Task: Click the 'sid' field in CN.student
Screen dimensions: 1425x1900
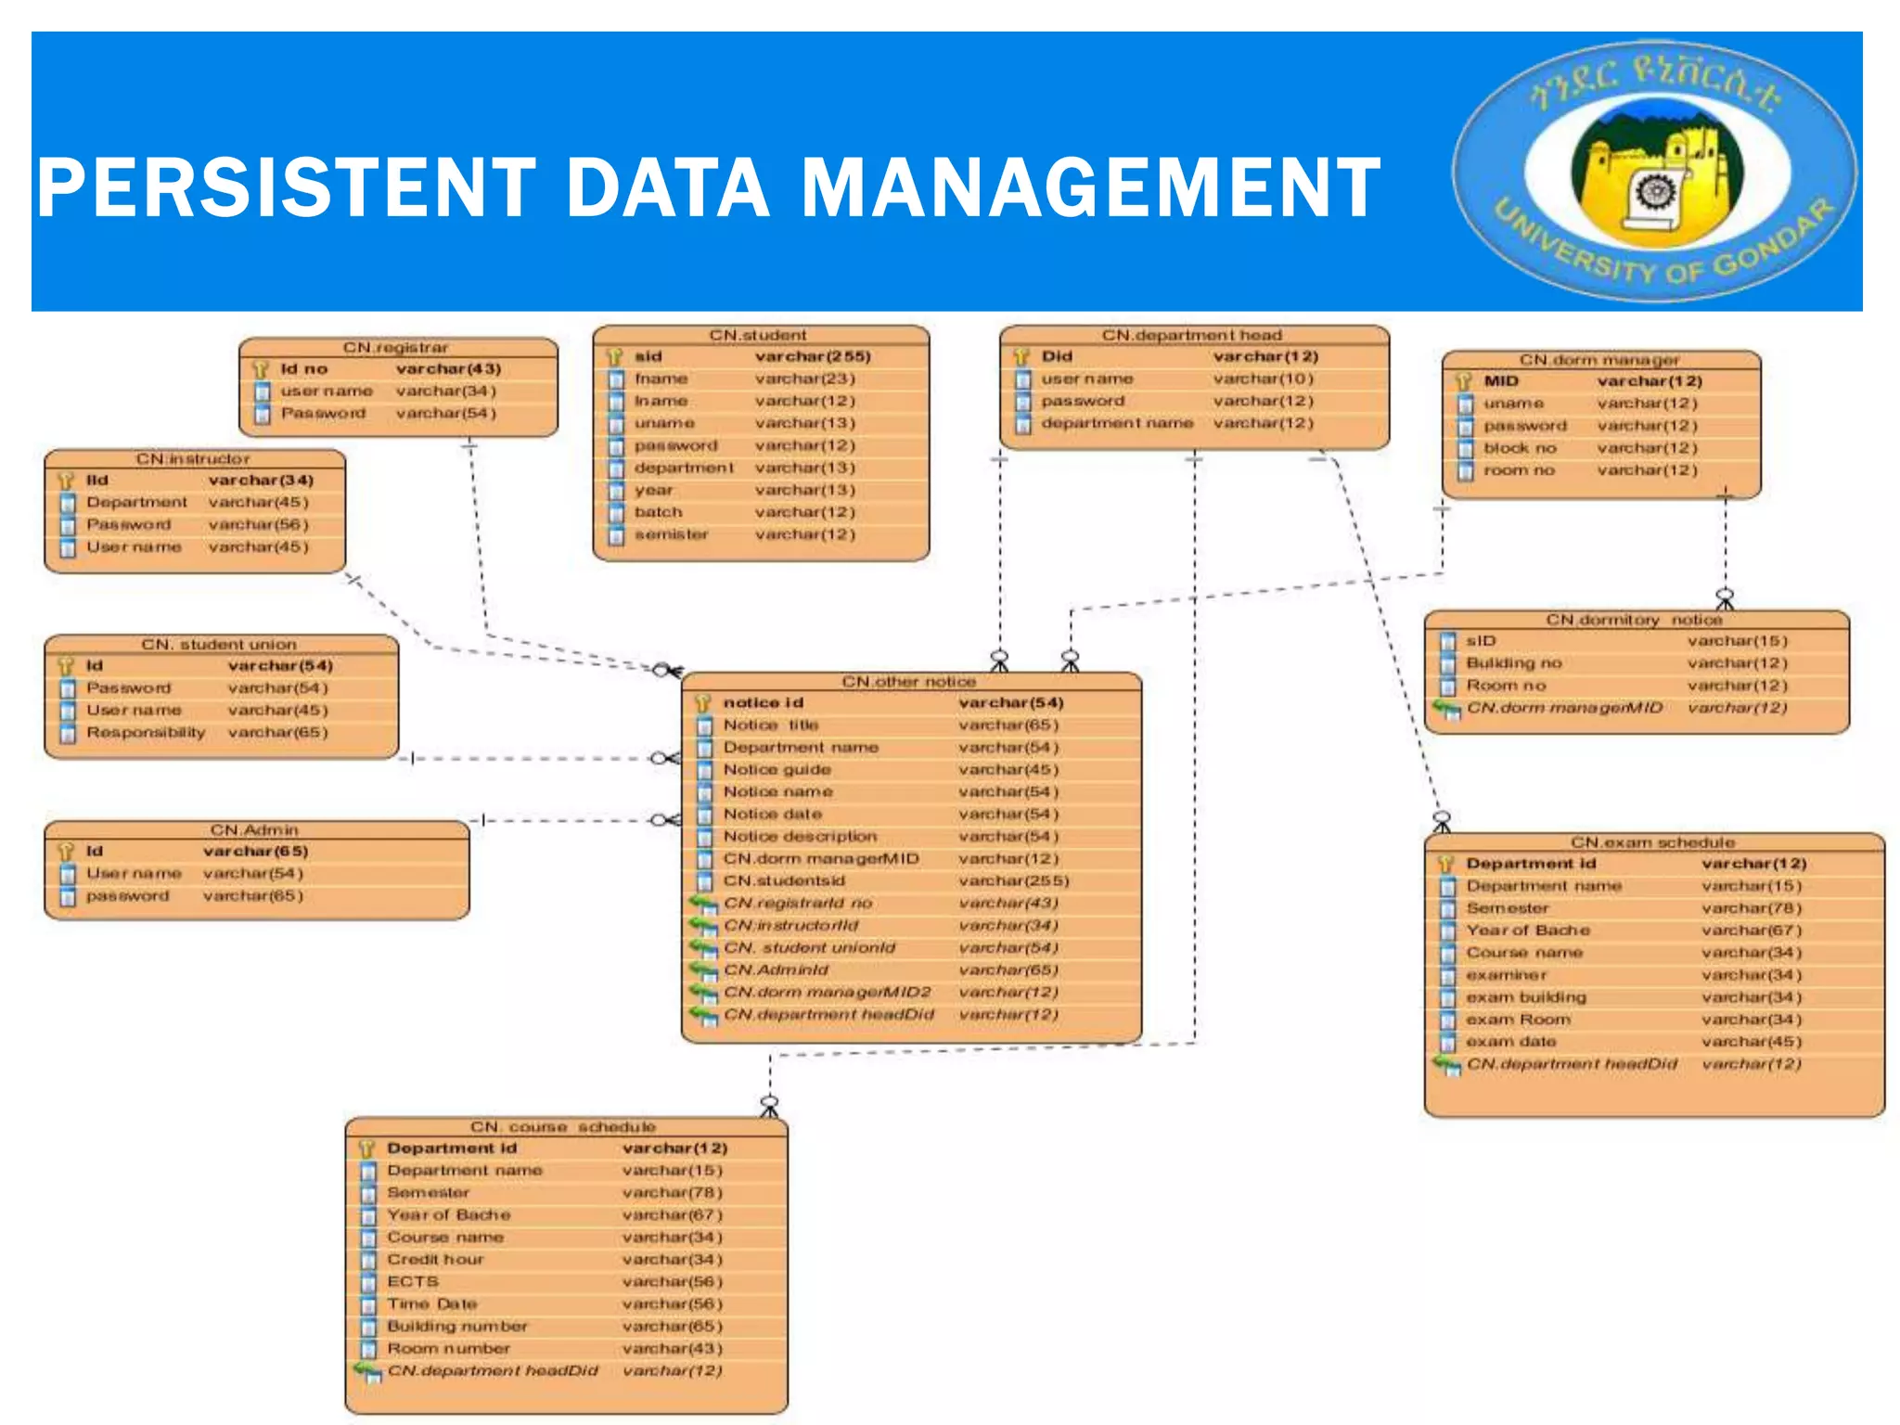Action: (648, 356)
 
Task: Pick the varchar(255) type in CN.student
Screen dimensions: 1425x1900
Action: (813, 356)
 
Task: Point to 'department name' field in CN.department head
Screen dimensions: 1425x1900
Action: (1117, 423)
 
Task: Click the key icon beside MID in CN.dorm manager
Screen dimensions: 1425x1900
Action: (1464, 381)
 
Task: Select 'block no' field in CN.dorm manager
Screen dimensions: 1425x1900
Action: (1520, 448)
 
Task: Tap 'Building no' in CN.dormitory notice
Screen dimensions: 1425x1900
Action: (1513, 663)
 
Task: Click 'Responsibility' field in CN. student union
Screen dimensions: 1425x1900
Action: (146, 733)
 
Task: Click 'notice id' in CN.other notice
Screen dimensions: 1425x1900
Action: (763, 703)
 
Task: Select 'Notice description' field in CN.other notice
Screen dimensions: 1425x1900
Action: (800, 837)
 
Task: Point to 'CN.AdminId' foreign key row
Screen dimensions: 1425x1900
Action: (776, 970)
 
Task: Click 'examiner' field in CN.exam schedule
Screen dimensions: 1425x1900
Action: (1506, 975)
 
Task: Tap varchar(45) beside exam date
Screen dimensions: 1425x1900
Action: (1752, 1042)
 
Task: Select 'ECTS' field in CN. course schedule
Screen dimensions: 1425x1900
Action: (413, 1282)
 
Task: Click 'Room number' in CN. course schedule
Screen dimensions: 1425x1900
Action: (448, 1349)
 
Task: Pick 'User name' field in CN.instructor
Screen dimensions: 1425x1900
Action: (134, 547)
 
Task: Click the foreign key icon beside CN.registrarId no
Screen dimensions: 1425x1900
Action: (703, 904)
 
